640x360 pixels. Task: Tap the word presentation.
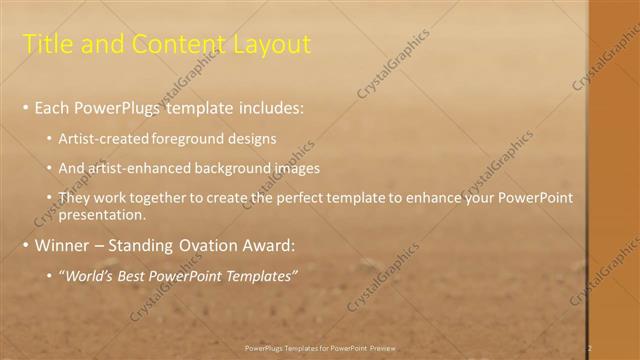[102, 214]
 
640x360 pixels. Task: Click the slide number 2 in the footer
[590, 347]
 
